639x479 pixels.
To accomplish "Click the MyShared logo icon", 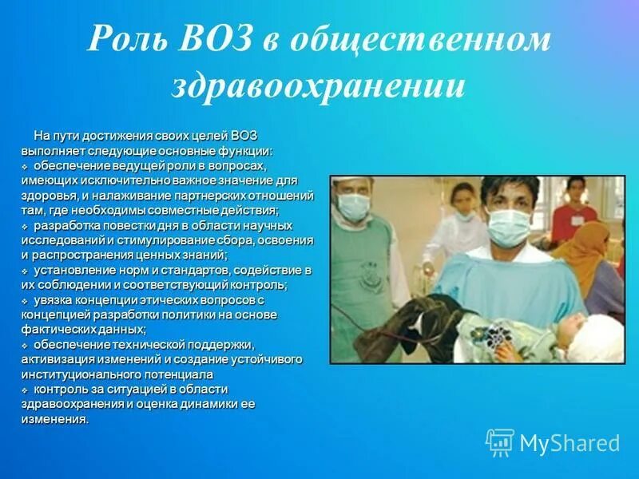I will pos(500,441).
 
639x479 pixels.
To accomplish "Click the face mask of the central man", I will pos(509,226).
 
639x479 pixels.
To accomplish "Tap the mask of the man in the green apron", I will pos(353,206).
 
